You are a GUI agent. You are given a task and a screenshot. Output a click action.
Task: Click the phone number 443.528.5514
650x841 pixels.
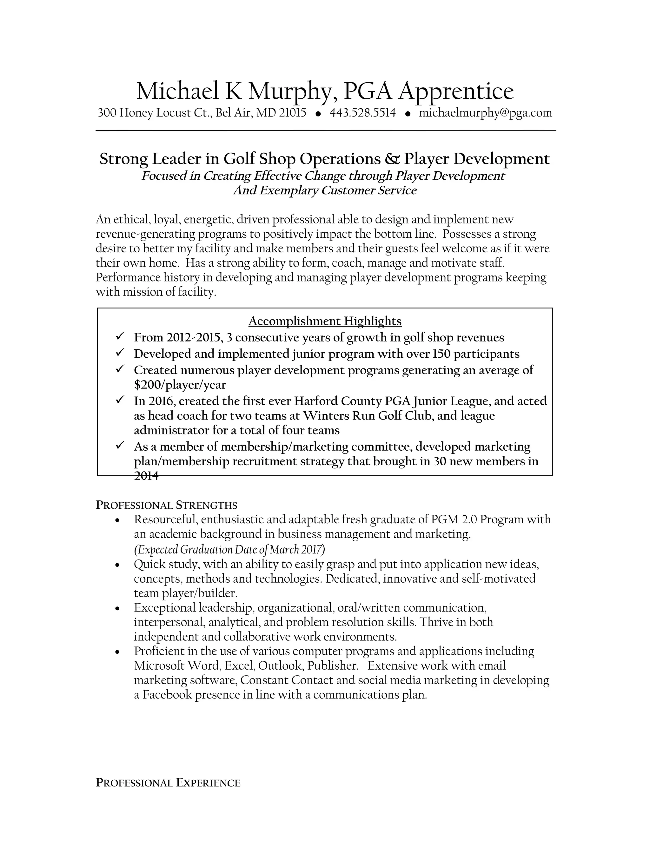(x=362, y=113)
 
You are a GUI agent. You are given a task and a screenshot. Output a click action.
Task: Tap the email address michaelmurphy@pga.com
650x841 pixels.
(x=485, y=113)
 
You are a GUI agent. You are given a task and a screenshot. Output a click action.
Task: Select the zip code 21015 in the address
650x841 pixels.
(x=292, y=113)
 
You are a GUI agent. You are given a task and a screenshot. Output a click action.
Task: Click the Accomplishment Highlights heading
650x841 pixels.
(x=325, y=321)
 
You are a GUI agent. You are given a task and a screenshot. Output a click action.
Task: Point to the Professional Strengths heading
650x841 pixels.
(x=166, y=505)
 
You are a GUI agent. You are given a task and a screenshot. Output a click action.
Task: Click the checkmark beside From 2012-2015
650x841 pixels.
(x=119, y=336)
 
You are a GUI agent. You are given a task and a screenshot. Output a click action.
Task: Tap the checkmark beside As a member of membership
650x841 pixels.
(x=119, y=446)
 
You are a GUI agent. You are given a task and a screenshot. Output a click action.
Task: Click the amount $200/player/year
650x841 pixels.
(x=180, y=385)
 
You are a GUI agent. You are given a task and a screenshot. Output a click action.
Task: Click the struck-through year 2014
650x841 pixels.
(x=146, y=476)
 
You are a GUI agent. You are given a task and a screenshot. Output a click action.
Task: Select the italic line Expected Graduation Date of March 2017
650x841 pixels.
(x=229, y=549)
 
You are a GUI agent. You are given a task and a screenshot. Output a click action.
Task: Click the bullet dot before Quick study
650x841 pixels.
(x=118, y=565)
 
